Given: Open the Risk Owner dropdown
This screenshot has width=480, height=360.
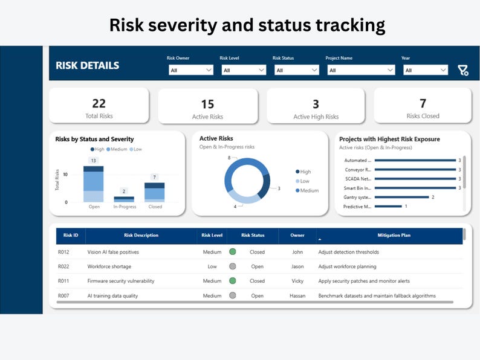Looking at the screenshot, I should coord(191,70).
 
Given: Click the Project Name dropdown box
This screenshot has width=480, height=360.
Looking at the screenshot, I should coord(361,70).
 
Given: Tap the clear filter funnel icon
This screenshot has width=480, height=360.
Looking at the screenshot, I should coord(463,71).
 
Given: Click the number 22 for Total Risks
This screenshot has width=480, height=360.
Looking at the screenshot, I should coord(99,103).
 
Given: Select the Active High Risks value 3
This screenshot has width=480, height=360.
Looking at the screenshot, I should coord(316,104).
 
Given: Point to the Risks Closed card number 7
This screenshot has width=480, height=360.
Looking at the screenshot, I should coord(423,103).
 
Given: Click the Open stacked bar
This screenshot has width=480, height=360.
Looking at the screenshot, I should coord(94,184).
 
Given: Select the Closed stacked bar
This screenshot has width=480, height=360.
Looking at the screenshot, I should coord(155,192).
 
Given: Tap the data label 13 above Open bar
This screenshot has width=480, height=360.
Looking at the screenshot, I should coord(94,161).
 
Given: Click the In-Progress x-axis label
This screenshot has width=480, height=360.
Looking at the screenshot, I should coord(125,207).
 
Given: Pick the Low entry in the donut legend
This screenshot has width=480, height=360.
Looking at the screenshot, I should coord(305,181).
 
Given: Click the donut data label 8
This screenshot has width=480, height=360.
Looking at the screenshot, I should coord(229,158).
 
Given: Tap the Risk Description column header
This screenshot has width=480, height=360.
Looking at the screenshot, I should coord(141,236).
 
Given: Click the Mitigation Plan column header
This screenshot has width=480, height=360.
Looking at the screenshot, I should coord(394,236).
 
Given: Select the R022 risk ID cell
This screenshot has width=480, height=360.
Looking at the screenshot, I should coord(63,266).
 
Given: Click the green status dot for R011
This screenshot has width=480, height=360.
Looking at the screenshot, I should coord(232,281).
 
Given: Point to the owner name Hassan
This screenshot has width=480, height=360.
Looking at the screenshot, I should coord(297,296).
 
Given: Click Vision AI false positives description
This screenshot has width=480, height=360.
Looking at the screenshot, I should coord(113,252).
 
